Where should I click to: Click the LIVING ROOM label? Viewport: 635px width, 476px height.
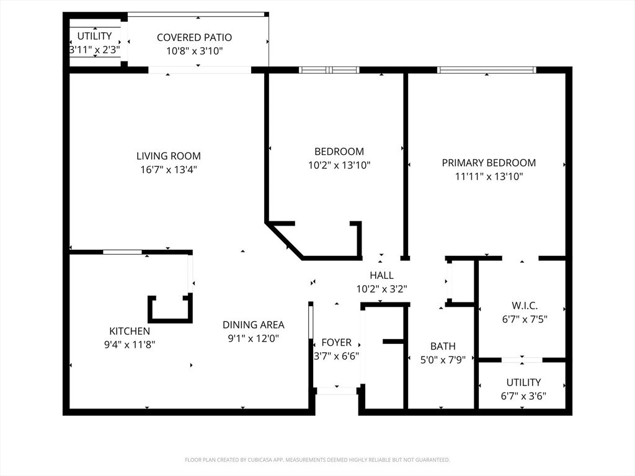pos(169,156)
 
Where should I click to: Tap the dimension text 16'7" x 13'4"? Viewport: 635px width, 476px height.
pos(169,170)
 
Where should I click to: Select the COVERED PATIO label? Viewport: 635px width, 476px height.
pos(194,37)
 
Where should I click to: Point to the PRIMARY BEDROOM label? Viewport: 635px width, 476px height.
pos(489,163)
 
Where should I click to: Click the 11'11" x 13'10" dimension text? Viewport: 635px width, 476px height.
pos(489,177)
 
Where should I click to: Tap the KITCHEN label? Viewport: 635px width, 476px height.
pos(130,331)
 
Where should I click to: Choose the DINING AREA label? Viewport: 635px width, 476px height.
pos(254,325)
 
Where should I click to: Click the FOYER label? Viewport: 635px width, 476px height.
pos(337,342)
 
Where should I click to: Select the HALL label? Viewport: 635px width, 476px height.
pos(381,275)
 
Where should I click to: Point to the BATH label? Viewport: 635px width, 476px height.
pos(443,346)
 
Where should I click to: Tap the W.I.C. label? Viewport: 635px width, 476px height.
pos(525,306)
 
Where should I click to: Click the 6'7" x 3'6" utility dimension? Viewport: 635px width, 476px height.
pos(523,396)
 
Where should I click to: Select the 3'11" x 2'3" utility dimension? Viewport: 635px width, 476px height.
pos(94,50)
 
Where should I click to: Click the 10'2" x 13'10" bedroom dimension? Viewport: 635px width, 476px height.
pos(339,165)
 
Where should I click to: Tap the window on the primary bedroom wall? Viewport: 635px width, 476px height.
pos(487,70)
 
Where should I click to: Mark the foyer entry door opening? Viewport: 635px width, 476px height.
pos(337,390)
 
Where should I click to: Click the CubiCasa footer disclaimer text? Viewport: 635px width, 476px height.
pos(317,460)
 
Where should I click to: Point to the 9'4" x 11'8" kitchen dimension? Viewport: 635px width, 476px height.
pos(130,345)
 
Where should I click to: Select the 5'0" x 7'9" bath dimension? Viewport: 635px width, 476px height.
pos(443,360)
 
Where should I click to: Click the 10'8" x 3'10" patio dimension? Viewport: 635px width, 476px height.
pos(194,51)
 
